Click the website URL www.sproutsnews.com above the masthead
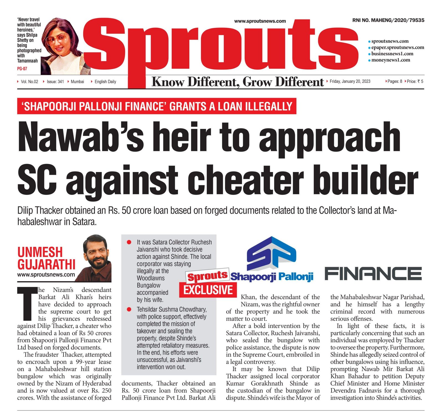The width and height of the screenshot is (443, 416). (x=260, y=21)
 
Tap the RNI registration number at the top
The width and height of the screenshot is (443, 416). (x=388, y=20)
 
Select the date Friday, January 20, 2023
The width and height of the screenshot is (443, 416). (x=350, y=81)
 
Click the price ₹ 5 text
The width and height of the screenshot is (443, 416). (x=415, y=81)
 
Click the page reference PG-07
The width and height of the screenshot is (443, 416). (x=22, y=69)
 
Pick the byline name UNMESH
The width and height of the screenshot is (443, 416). (x=40, y=252)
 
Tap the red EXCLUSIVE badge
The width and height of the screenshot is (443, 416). (x=208, y=290)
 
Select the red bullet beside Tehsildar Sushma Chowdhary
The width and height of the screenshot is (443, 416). (x=129, y=309)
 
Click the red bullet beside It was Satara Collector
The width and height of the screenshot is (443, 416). (x=129, y=242)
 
